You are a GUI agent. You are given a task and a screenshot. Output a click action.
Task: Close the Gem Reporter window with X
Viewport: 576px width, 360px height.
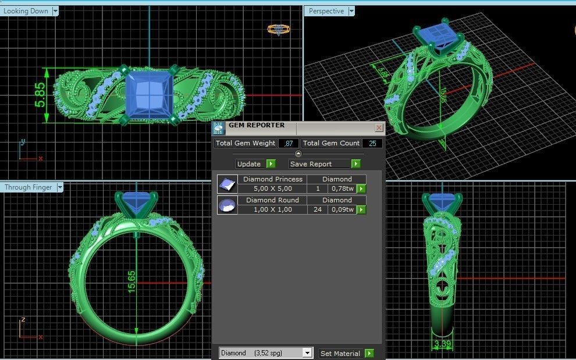(379, 127)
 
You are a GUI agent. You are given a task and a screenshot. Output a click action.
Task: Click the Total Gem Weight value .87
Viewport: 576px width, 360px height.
(289, 143)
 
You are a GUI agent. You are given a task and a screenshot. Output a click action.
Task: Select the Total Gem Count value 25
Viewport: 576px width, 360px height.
(372, 143)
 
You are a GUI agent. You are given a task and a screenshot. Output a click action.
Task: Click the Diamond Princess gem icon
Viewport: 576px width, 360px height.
(226, 184)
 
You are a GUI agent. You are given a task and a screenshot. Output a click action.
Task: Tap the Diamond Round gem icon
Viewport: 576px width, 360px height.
(226, 205)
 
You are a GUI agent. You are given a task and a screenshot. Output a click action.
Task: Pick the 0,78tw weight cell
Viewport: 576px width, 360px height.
(342, 188)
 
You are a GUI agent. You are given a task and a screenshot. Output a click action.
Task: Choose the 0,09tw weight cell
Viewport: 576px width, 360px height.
(342, 209)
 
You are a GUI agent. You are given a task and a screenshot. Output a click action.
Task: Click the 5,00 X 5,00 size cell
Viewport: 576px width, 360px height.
(272, 188)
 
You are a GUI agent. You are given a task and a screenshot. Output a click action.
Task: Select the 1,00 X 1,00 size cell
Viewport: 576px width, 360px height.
(272, 209)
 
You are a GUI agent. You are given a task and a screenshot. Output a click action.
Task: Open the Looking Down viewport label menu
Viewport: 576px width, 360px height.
(55, 11)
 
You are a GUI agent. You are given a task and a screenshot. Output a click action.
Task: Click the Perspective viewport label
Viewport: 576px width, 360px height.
(326, 11)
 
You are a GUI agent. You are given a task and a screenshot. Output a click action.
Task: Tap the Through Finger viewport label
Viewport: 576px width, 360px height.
(29, 187)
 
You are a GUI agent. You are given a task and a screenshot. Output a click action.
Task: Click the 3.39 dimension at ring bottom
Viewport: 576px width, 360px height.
(442, 345)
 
